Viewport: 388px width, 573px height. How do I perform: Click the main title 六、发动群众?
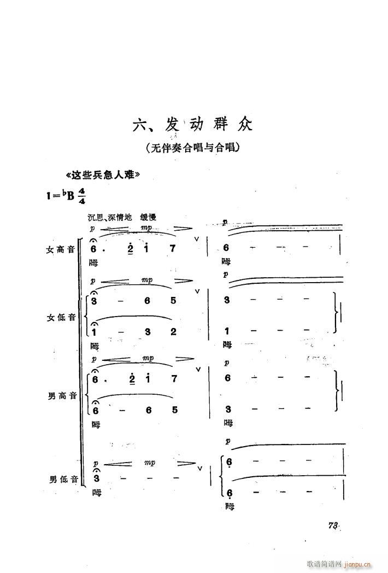(192, 125)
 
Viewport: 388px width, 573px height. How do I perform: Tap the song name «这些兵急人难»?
(103, 176)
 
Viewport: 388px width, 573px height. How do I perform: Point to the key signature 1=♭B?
(60, 196)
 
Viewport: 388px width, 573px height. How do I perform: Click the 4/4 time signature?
(81, 196)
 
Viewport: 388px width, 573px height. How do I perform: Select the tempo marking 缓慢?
(148, 218)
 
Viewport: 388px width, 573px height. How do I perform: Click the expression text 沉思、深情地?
(110, 218)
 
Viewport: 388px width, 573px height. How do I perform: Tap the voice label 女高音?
(60, 249)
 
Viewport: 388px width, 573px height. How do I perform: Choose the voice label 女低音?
(61, 318)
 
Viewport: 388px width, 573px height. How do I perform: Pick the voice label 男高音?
(62, 396)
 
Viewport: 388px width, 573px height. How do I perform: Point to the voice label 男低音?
(63, 479)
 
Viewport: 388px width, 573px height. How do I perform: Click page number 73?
(332, 525)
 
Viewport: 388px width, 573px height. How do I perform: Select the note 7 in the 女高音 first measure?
(173, 248)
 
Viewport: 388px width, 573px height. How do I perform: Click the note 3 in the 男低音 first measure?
(96, 478)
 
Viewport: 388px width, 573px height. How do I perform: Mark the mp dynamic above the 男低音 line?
(149, 463)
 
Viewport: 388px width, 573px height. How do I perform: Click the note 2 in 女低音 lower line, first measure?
(173, 332)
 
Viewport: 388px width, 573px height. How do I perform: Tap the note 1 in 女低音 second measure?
(227, 331)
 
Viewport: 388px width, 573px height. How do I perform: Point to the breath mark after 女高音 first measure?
(197, 239)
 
